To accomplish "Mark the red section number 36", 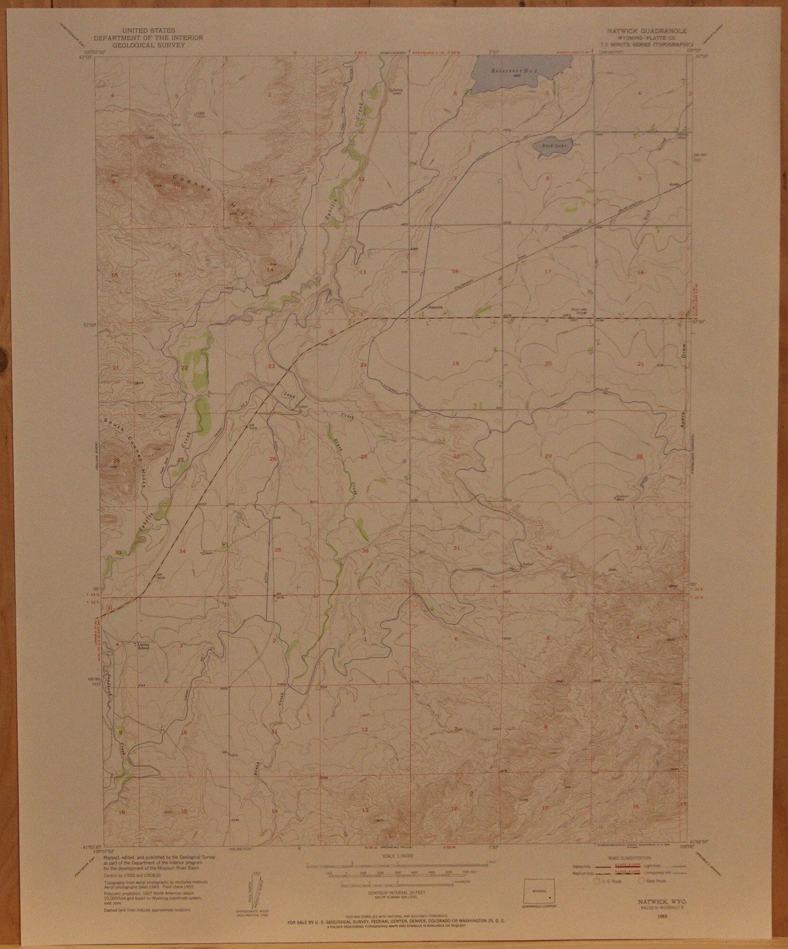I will (365, 550).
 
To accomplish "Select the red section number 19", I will (455, 363).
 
